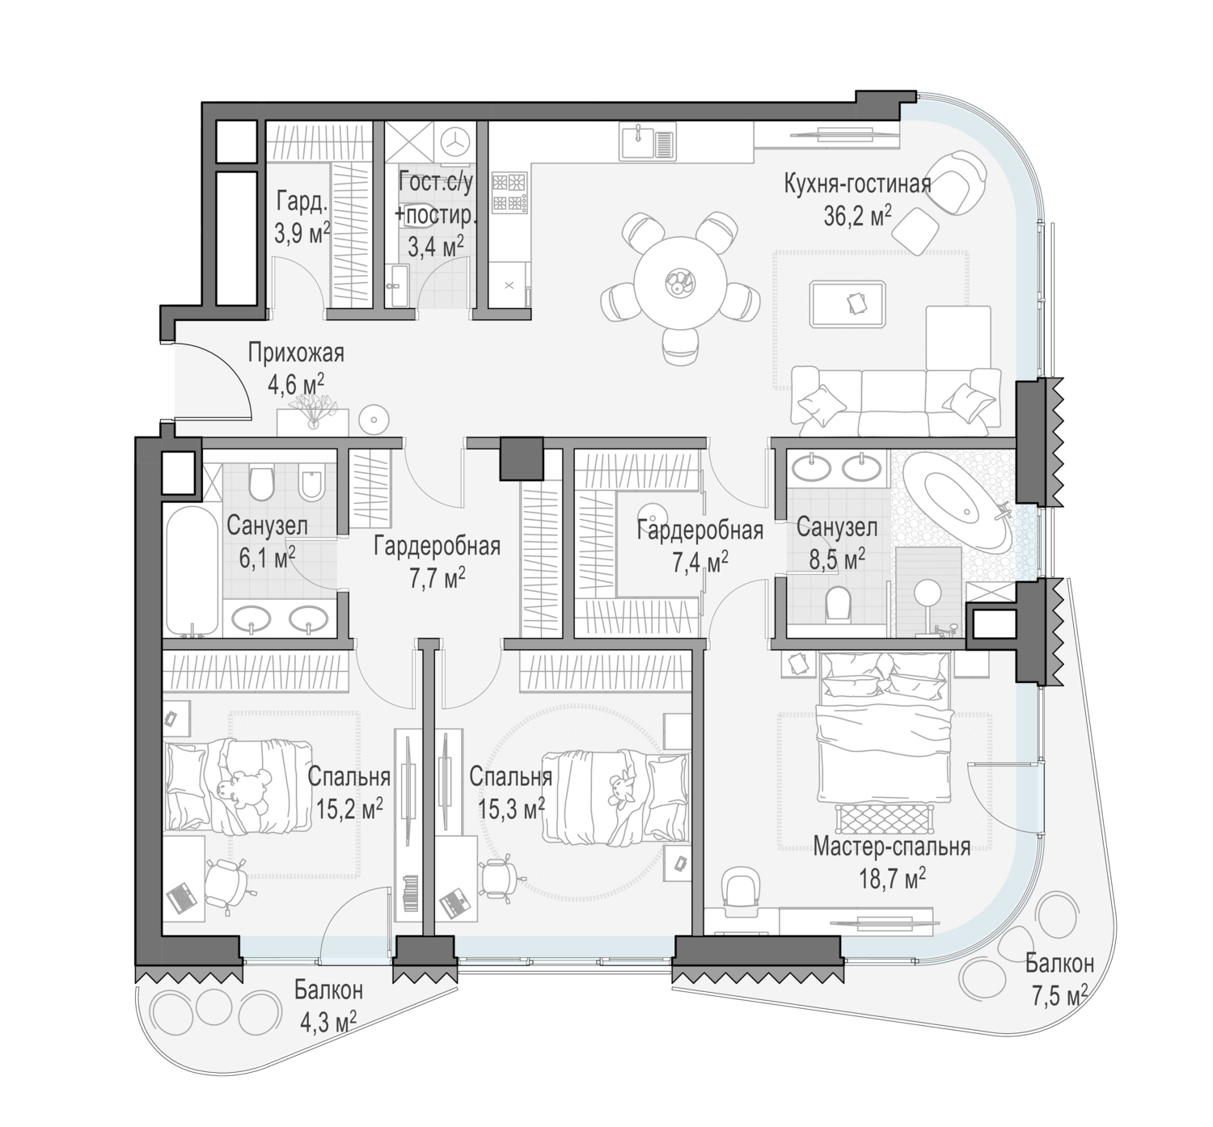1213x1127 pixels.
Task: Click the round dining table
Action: pos(679,283)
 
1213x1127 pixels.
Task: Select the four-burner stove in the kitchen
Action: pos(509,192)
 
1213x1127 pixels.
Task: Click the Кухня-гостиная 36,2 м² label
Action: pos(857,200)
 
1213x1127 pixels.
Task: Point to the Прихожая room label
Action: pos(296,353)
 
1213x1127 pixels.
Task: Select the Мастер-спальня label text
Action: pos(892,846)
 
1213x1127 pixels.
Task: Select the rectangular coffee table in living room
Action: pos(847,304)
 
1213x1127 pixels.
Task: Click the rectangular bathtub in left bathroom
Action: pos(192,571)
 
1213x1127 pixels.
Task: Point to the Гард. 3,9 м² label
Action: pos(302,217)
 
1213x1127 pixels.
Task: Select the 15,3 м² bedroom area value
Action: pos(511,810)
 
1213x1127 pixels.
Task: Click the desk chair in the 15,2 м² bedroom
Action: pos(226,884)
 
